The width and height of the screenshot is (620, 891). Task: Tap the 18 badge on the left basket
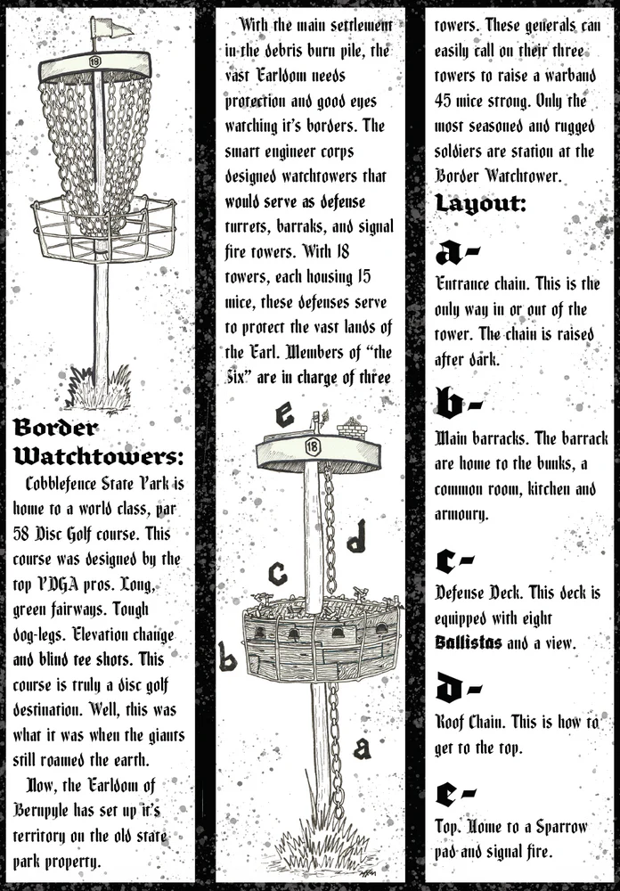95,60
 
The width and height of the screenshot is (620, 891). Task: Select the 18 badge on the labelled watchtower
312,447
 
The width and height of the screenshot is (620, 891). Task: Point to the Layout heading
481,204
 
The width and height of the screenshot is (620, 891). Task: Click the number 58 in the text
21,534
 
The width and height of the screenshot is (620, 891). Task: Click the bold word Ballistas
469,642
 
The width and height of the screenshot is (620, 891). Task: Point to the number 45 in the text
444,102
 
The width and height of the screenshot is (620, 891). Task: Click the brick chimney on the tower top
352,429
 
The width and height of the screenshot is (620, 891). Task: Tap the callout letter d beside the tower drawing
356,537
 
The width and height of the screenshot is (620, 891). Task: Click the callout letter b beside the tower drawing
227,657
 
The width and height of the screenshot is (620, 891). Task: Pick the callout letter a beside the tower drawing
363,748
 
